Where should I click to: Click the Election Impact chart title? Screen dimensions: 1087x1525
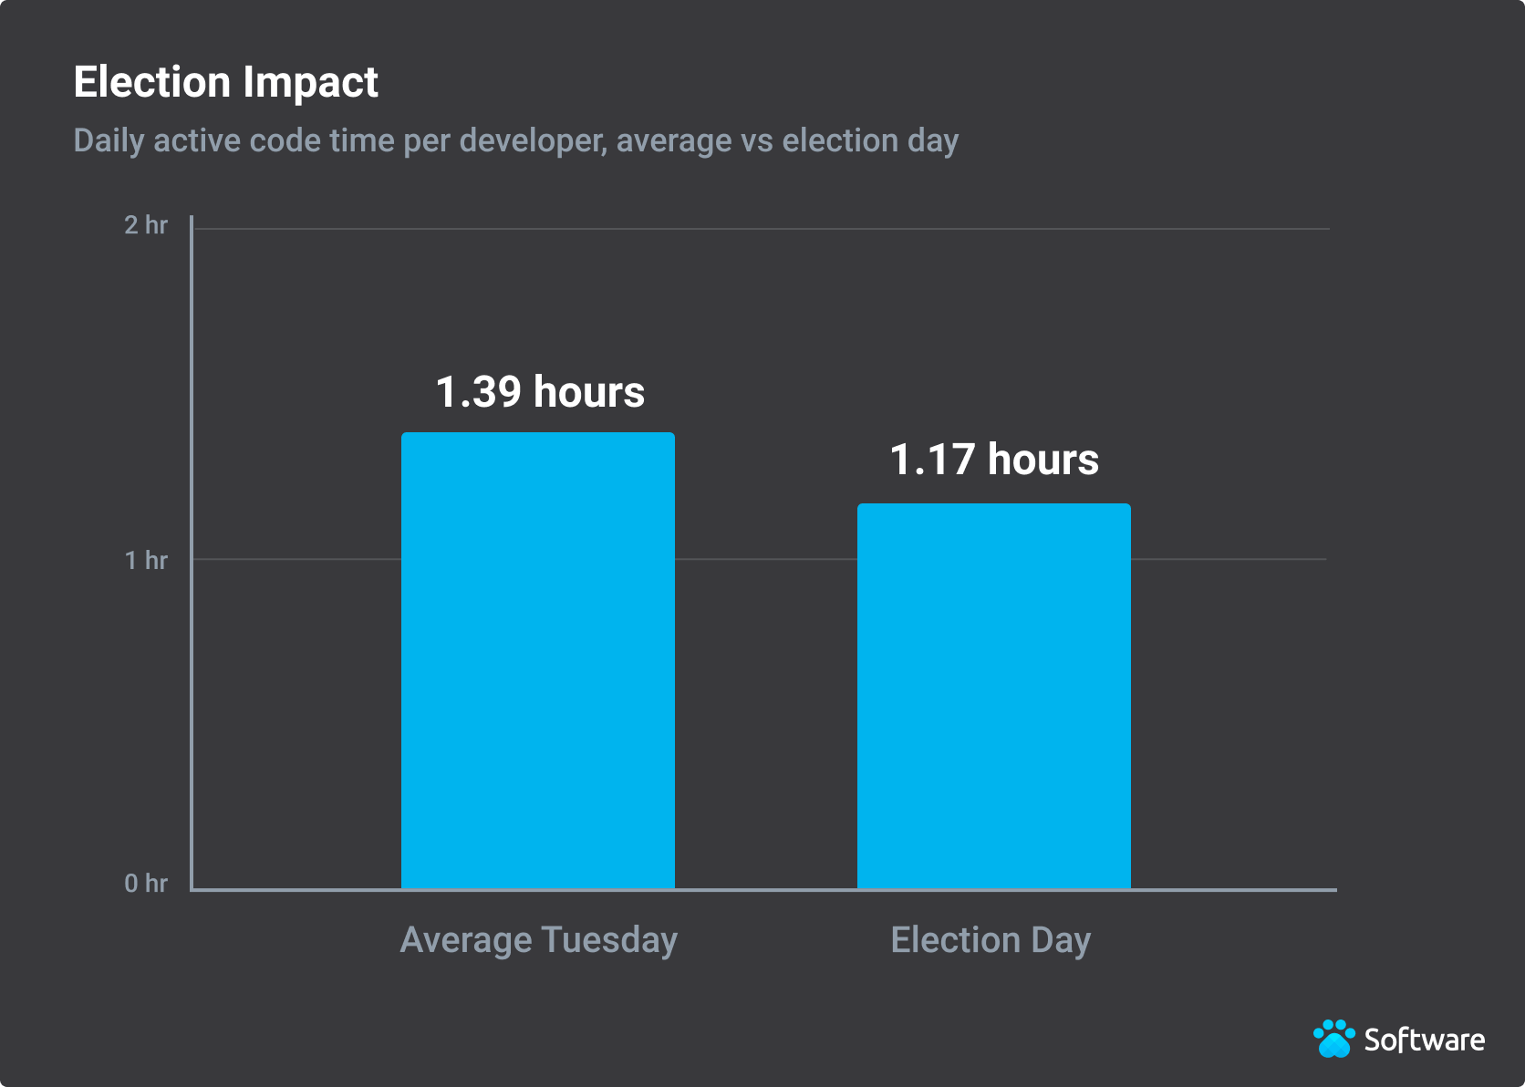[x=225, y=82]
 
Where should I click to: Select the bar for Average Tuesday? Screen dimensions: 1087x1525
[x=538, y=660]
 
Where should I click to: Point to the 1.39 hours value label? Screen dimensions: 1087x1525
[x=540, y=392]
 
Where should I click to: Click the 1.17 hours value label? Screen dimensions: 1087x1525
[x=994, y=460]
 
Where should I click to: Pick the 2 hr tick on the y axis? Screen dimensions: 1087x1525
[x=146, y=225]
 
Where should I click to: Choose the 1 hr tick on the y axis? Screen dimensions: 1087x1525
[x=146, y=560]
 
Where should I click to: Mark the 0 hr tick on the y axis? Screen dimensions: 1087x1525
[x=146, y=883]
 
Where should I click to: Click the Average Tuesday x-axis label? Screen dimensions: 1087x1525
[x=538, y=940]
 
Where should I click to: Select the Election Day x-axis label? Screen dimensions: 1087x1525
[x=991, y=940]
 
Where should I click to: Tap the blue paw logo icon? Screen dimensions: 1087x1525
[x=1334, y=1039]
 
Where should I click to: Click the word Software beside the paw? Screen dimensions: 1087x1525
[x=1424, y=1040]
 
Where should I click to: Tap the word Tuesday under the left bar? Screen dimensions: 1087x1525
[x=609, y=940]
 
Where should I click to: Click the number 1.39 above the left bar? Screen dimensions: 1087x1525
[x=478, y=392]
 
